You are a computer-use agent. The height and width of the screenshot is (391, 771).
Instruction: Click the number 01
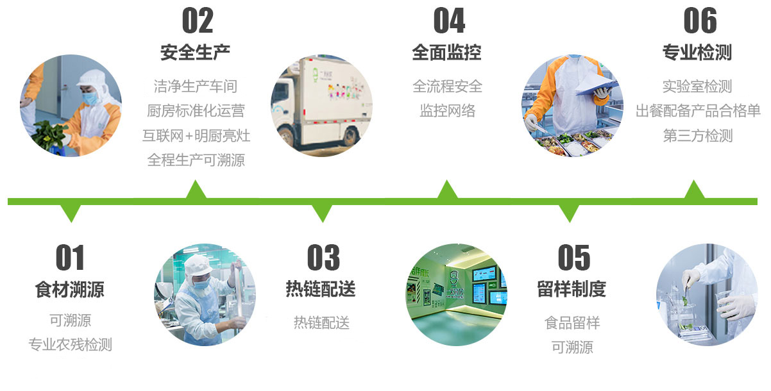coord(70,258)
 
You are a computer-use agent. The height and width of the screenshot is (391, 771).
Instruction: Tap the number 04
coord(449,21)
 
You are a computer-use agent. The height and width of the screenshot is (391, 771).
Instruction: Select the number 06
coord(700,21)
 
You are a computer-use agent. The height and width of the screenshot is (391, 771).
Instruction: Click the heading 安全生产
coord(195,53)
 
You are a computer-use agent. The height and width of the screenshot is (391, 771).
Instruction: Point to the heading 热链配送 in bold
coord(321,289)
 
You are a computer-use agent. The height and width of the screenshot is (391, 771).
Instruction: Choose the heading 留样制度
coord(572,289)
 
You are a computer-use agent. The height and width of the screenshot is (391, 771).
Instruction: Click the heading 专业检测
coord(697,53)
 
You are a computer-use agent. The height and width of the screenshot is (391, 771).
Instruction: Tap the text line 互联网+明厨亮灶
coord(196,136)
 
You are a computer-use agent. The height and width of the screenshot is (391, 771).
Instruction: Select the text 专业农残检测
coord(70,345)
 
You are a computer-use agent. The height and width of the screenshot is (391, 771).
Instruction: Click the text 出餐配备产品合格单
coord(698,111)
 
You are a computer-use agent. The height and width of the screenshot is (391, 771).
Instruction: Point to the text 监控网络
coord(448,111)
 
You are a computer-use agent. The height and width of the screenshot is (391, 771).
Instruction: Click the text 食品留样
coord(572,323)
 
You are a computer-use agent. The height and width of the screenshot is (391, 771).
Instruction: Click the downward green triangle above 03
coord(323,212)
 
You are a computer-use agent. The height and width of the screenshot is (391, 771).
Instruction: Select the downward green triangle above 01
coord(71,212)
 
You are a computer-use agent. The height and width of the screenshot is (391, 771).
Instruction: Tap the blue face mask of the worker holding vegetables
coord(91,99)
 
